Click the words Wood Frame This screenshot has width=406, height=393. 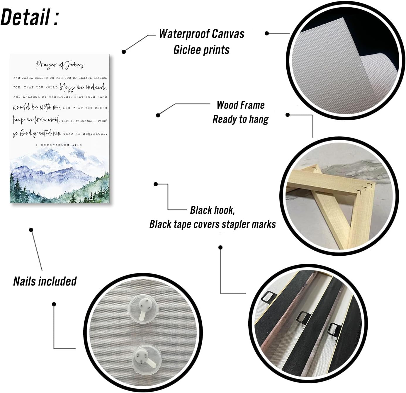click(x=241, y=105)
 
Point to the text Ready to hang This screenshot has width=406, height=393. click(x=241, y=119)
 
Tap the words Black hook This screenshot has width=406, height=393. click(x=213, y=210)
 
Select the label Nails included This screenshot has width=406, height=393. click(x=45, y=281)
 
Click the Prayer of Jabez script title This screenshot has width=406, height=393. click(x=60, y=65)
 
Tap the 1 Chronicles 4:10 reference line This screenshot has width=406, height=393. click(x=59, y=145)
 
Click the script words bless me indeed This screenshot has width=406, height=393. click(x=83, y=87)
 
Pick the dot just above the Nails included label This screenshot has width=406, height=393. click(x=31, y=230)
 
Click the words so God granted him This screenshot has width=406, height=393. click(x=37, y=133)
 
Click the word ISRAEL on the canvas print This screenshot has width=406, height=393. click(x=85, y=78)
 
